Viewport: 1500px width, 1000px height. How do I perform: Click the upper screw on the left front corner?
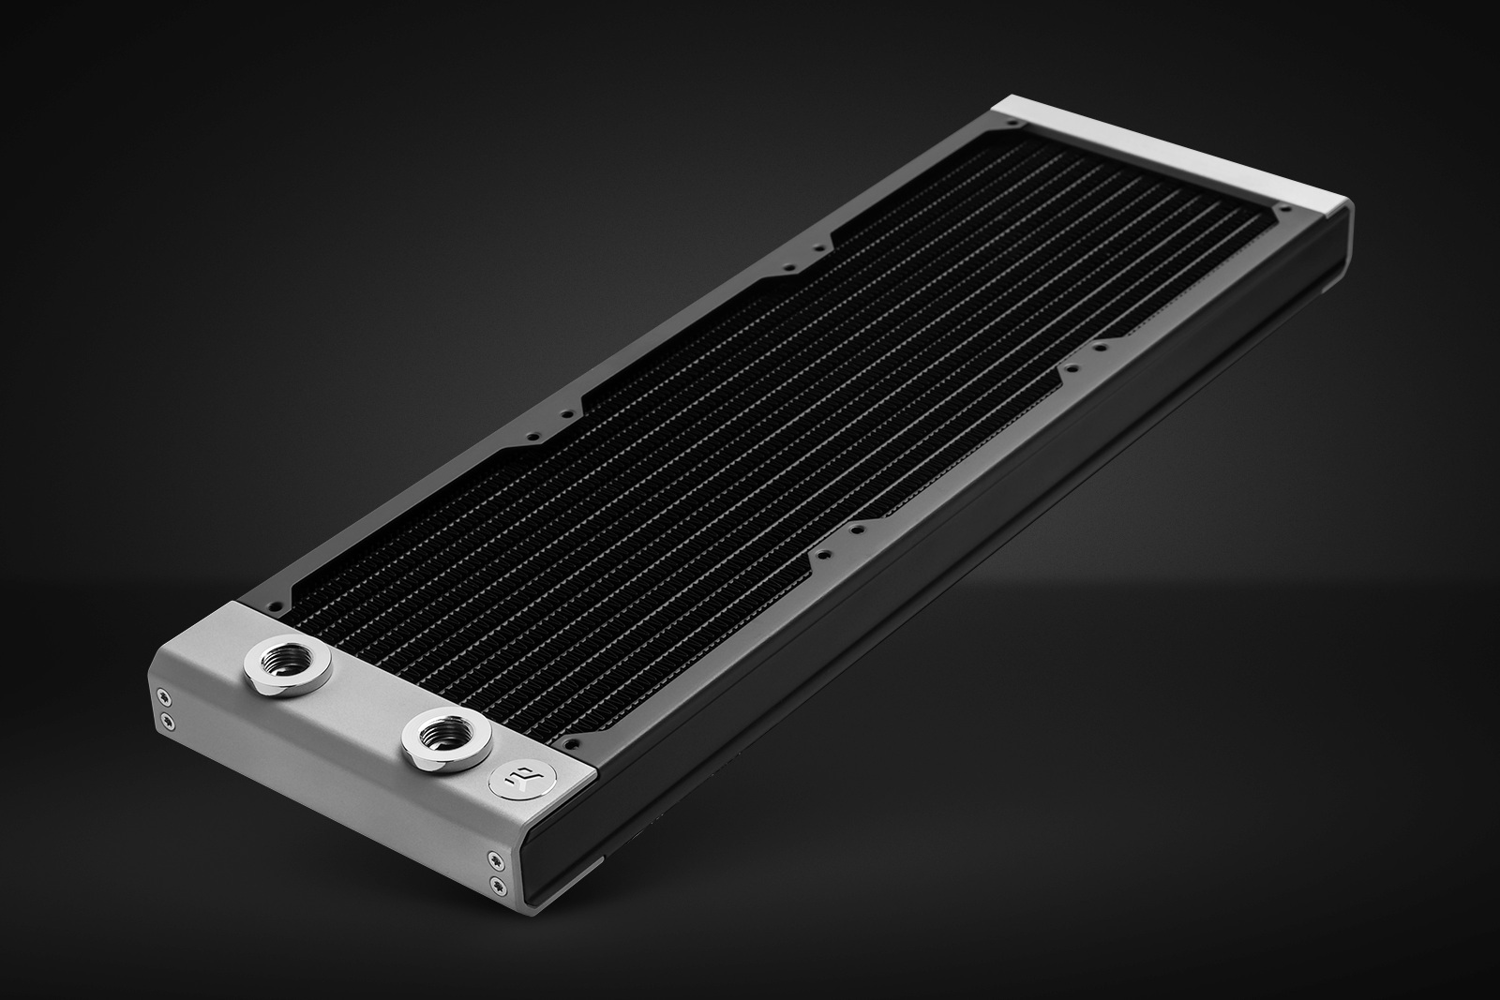(x=166, y=695)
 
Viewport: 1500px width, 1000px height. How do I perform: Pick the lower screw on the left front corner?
(x=167, y=719)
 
